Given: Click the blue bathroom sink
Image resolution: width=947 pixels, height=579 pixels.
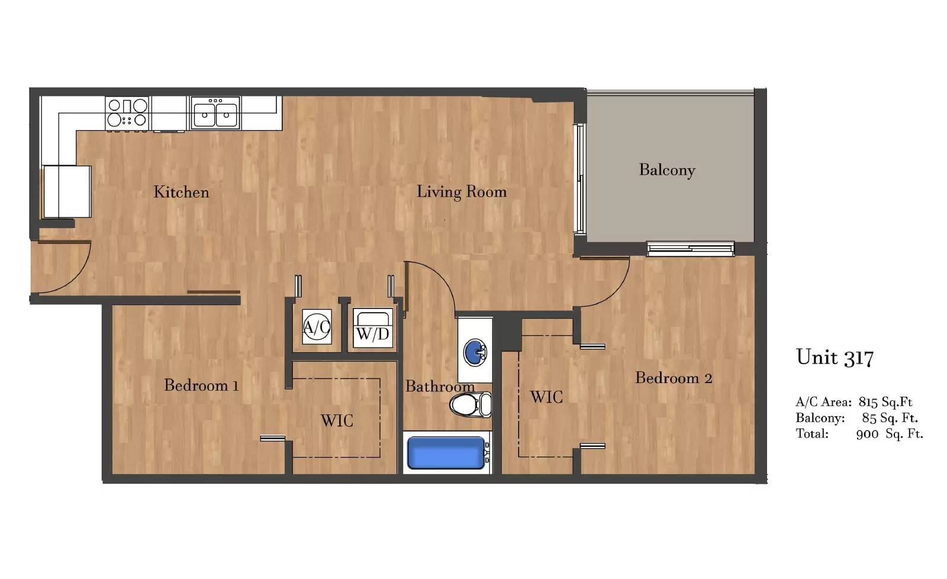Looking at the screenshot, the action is point(475,352).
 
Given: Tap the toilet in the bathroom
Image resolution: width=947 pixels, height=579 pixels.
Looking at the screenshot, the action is point(470,404).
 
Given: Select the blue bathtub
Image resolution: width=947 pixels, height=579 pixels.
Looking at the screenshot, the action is point(446,452).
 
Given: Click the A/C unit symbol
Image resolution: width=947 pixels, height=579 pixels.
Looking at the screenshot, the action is point(317,327).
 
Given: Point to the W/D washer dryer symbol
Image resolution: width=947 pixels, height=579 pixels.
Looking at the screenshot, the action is point(372,328).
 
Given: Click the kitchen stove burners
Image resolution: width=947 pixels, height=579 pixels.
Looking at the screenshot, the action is point(127,113).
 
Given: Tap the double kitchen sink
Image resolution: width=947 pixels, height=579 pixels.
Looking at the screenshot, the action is point(215,112).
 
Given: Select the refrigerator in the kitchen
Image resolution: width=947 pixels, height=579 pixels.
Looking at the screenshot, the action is point(67,192).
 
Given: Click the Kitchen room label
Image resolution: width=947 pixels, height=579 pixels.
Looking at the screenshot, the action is point(181,192).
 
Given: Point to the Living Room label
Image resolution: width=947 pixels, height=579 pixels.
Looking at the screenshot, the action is point(462,192).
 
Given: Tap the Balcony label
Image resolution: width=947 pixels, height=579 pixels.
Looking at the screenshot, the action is point(667,171).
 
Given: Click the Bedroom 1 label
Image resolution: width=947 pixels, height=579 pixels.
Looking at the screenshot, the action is point(201,385).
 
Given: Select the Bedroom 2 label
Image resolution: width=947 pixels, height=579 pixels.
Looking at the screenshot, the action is point(674,378).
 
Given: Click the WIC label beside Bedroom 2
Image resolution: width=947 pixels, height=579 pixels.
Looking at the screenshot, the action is point(546,397).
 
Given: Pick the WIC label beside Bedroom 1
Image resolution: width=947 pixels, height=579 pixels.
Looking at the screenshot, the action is point(337,421).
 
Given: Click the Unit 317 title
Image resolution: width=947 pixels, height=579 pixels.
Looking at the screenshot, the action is point(835,358).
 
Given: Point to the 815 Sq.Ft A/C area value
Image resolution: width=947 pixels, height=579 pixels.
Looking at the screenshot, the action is point(885,402).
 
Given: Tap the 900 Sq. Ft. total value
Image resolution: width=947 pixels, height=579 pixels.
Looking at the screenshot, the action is point(890,434).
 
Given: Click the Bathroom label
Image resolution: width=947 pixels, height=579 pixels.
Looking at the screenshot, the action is point(440,387).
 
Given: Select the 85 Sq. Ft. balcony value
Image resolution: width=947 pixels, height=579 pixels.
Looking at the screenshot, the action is point(890,418).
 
